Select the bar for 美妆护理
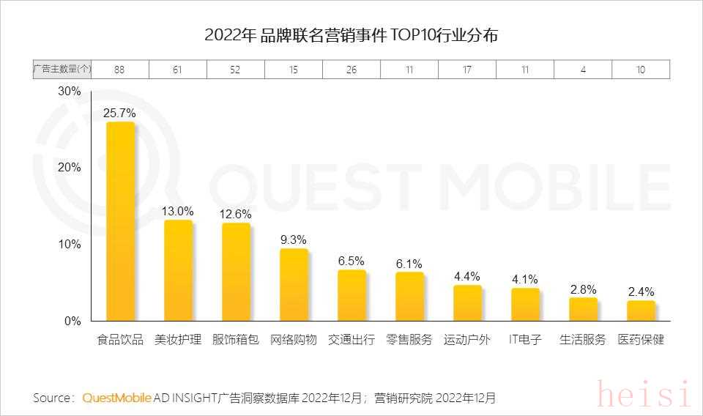[x=178, y=270]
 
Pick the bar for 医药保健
[x=641, y=311]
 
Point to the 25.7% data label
[x=119, y=113]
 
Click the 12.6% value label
[x=236, y=215]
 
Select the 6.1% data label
[x=409, y=264]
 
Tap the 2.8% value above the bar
[x=583, y=289]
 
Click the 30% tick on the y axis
[x=69, y=92]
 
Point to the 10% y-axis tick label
[x=69, y=244]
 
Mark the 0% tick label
[x=72, y=321]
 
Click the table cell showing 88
[x=119, y=70]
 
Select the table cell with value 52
[x=236, y=70]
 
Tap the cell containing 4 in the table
[x=583, y=70]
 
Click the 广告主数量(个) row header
[x=62, y=70]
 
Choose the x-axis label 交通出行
[x=351, y=340]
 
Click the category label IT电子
[x=525, y=340]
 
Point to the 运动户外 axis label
[x=467, y=340]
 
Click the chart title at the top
[x=351, y=35]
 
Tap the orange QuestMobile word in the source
[x=117, y=398]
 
